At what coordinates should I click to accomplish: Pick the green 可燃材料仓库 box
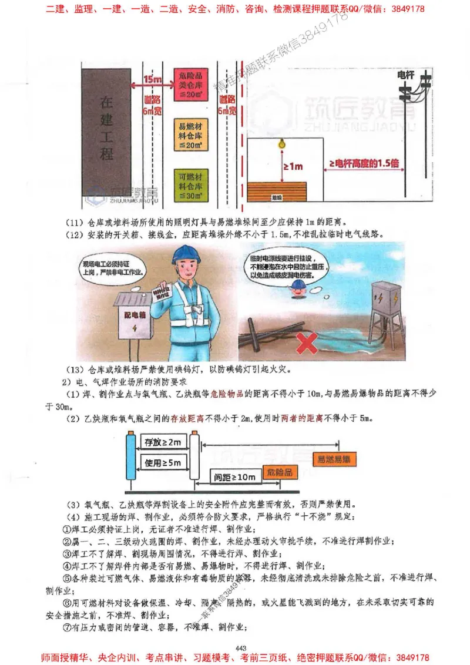tap(190, 184)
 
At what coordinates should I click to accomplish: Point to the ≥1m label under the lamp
tap(293, 167)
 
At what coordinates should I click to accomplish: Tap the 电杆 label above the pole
tap(406, 75)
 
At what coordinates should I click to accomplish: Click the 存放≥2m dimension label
tap(163, 441)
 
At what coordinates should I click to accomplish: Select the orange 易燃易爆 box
tap(333, 459)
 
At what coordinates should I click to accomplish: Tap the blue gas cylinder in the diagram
tap(130, 458)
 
